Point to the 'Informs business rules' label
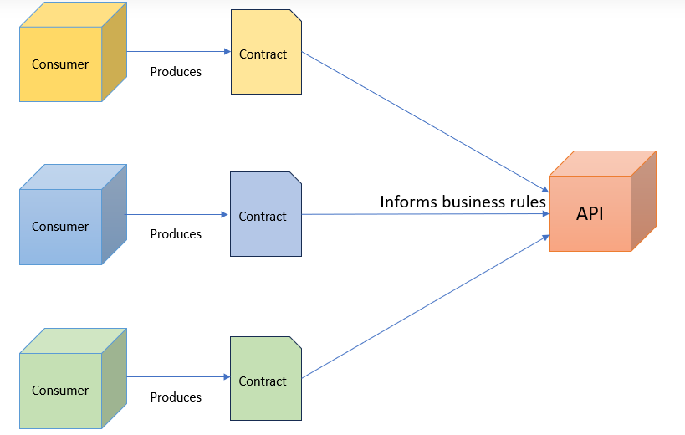(x=463, y=202)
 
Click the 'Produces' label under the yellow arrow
(x=176, y=72)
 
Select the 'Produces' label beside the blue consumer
(x=176, y=234)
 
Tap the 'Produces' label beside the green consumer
(x=176, y=397)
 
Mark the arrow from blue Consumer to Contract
(x=176, y=215)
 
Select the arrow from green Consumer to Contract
(x=176, y=377)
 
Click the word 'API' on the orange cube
(x=590, y=214)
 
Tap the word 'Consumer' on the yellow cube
(x=60, y=64)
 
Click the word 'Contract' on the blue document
(x=263, y=217)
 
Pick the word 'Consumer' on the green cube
(x=60, y=391)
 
